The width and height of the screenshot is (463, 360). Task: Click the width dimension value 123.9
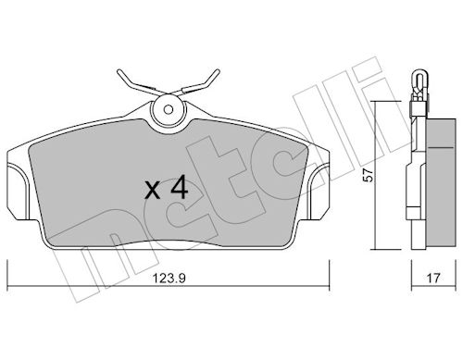pyautogui.click(x=169, y=279)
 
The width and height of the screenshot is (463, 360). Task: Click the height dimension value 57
pyautogui.click(x=369, y=176)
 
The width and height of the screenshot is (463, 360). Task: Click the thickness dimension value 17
pyautogui.click(x=433, y=279)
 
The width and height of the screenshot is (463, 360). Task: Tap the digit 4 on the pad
pyautogui.click(x=180, y=187)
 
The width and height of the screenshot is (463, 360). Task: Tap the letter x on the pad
pyautogui.click(x=153, y=190)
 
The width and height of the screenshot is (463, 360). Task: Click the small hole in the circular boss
pyautogui.click(x=169, y=109)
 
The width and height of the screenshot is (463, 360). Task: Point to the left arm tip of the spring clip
pyautogui.click(x=119, y=71)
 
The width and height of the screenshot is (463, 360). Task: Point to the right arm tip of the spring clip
pyautogui.click(x=218, y=71)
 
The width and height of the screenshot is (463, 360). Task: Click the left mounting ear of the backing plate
pyautogui.click(x=18, y=192)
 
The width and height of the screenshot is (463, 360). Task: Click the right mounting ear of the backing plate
pyautogui.click(x=319, y=192)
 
